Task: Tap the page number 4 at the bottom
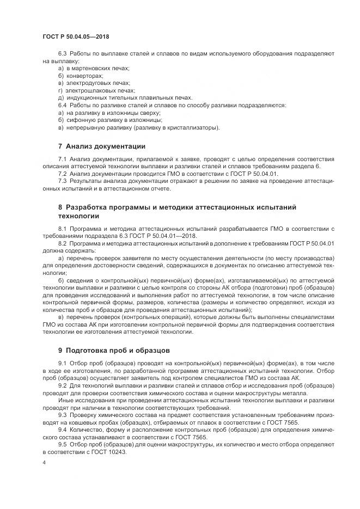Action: point(44,462)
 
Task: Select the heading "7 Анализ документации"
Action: point(101,146)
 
